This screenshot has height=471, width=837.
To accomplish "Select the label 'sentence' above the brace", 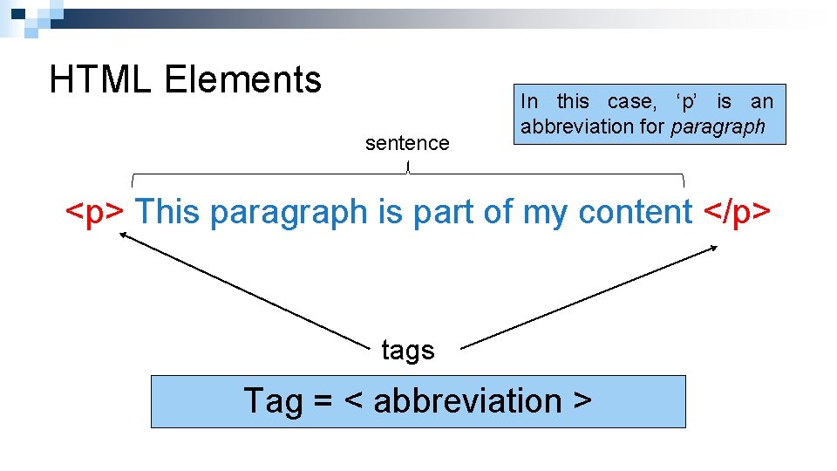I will coord(407,143).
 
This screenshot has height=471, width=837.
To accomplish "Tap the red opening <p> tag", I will coord(98,212).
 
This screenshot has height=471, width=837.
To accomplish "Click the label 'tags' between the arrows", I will coord(407,351).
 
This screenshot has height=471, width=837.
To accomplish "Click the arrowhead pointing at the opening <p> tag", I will coord(123,233).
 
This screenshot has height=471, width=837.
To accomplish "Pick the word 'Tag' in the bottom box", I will coord(272,401).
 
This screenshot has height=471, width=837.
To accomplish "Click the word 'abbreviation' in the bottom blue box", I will coord(467,401).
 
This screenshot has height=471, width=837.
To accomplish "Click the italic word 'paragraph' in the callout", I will coord(718,126).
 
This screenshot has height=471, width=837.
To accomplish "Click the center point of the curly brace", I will coord(408,167).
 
